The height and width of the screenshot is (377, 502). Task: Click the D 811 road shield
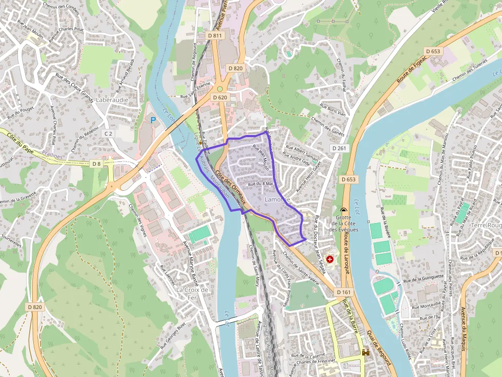click(216, 35)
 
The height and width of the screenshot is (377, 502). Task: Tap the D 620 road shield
click(219, 97)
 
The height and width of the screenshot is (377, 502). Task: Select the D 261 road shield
click(339, 148)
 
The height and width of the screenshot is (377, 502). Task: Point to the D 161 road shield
click(344, 292)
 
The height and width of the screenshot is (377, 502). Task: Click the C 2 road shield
click(108, 134)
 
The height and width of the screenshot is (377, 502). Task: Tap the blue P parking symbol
click(153, 120)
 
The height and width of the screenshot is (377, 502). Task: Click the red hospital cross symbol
click(329, 259)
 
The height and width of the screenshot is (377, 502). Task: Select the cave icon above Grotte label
click(343, 210)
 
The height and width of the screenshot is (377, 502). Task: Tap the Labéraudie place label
click(112, 100)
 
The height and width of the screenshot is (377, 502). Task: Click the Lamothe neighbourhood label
click(278, 199)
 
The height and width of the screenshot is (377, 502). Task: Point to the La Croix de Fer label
click(192, 294)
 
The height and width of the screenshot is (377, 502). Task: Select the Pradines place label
click(52, 156)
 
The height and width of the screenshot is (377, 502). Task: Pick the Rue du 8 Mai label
click(262, 184)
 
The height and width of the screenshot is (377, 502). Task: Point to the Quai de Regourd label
click(380, 349)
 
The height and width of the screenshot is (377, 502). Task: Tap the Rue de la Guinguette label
click(423, 278)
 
